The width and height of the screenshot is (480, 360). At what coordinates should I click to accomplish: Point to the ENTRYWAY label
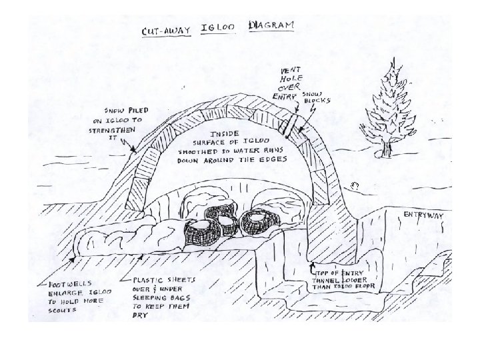point(425,215)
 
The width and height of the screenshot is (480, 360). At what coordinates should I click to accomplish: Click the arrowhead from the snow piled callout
point(137,151)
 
